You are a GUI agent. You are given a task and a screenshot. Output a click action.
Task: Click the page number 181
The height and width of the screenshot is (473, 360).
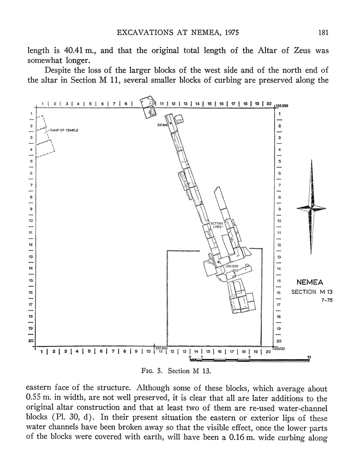pyautogui.click(x=323, y=33)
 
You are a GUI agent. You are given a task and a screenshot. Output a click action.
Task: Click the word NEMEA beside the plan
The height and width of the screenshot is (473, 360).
pyautogui.click(x=310, y=282)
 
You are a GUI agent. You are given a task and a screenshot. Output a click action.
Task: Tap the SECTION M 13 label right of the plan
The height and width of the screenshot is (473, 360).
pyautogui.click(x=312, y=291)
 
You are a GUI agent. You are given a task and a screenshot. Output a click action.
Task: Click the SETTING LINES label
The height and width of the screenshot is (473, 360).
pyautogui.click(x=216, y=225)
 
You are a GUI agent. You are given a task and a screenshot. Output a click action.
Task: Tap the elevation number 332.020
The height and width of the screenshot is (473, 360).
pyautogui.click(x=231, y=266)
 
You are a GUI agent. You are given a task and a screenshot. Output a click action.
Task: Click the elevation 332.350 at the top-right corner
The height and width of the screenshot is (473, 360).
pyautogui.click(x=282, y=106)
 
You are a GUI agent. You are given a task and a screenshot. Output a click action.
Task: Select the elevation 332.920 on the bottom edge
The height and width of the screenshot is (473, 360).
pyautogui.click(x=161, y=348)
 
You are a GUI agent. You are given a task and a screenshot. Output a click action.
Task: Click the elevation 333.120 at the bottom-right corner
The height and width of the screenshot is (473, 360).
pyautogui.click(x=279, y=348)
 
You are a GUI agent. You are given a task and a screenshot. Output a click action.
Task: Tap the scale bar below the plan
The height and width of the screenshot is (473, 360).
pyautogui.click(x=249, y=358)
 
